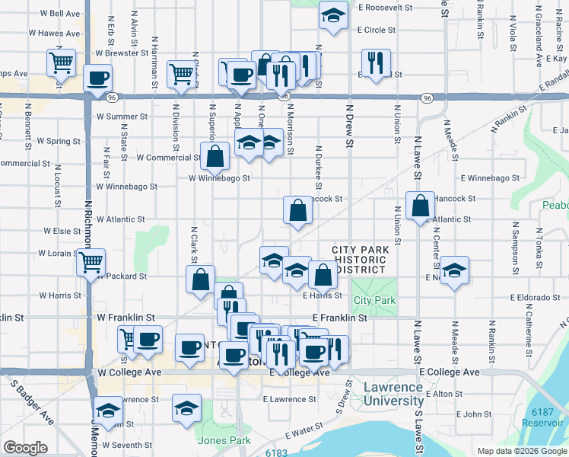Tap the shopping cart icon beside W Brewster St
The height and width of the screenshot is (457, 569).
click(x=62, y=62)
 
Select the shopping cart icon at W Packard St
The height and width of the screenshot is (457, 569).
click(x=91, y=263)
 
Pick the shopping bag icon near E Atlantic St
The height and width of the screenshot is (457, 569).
click(x=420, y=206)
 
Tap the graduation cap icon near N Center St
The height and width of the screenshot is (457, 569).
click(x=454, y=270)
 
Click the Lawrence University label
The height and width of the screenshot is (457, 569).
click(x=393, y=394)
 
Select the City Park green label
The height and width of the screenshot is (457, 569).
click(x=374, y=300)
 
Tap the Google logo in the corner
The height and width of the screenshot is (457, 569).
click(x=25, y=448)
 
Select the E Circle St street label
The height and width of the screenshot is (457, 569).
click(x=376, y=30)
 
